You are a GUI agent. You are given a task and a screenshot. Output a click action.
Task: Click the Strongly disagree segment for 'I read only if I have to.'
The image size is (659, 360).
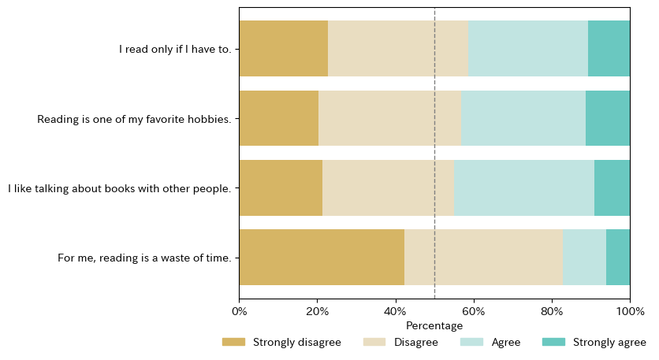(283, 48)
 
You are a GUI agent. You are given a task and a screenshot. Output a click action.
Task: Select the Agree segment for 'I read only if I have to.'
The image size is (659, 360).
(528, 48)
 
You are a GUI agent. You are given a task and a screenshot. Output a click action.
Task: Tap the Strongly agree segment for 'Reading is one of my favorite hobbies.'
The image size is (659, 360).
(608, 118)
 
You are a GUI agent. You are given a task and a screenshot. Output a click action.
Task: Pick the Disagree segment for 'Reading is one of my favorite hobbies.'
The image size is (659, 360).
(390, 118)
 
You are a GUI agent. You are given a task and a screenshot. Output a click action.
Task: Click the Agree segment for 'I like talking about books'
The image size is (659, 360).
(524, 187)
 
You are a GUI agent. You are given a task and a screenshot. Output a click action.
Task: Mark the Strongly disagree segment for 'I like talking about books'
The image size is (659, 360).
(281, 187)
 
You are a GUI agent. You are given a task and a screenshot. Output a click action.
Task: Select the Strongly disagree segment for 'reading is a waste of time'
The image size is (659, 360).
(322, 257)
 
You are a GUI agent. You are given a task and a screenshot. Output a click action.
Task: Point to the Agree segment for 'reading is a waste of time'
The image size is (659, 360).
(584, 257)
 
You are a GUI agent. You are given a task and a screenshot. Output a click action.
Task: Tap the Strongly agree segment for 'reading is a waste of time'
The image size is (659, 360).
(618, 257)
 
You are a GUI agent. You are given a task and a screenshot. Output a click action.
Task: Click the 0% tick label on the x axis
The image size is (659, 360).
(239, 311)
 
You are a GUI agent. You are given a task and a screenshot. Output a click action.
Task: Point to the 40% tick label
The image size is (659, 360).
(396, 311)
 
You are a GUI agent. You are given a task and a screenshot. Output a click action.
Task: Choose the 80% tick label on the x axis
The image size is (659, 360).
(552, 311)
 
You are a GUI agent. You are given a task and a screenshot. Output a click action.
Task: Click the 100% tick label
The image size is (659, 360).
(630, 311)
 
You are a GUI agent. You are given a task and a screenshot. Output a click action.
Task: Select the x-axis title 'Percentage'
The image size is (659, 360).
(434, 326)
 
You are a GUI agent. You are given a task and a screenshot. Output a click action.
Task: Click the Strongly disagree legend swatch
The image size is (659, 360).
(233, 342)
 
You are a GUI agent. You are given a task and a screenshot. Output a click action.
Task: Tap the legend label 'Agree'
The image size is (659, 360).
(506, 342)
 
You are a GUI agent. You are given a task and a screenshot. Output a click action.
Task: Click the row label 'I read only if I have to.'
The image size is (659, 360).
(176, 49)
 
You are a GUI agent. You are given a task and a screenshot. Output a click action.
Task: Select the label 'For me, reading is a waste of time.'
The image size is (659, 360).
(145, 258)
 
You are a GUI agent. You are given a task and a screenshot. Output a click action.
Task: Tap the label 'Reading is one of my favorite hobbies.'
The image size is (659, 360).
(135, 119)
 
